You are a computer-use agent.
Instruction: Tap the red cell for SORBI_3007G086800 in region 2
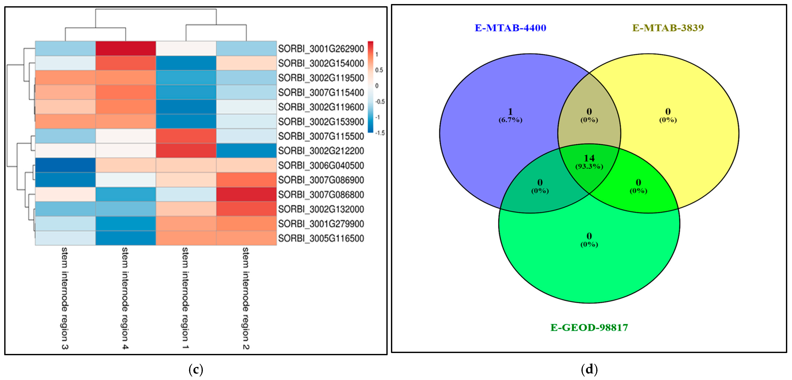(246, 195)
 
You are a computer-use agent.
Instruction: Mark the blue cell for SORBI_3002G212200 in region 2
(246, 151)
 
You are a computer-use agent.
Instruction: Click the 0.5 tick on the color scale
(379, 70)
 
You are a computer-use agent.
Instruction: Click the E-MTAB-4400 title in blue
(510, 28)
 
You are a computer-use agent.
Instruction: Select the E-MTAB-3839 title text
(668, 28)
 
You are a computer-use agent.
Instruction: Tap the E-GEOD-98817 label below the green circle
(589, 327)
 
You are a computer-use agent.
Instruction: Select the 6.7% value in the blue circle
(510, 120)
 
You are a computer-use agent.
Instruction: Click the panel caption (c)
(196, 369)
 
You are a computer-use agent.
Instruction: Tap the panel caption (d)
(589, 369)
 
